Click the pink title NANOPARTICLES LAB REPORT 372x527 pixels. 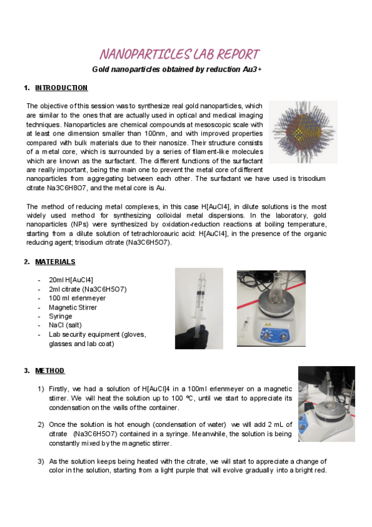pyautogui.click(x=179, y=54)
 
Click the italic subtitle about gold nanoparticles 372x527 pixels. pyautogui.click(x=177, y=69)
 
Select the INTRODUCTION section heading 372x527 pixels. pyautogui.click(x=61, y=88)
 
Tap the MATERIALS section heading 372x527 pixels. pyautogui.click(x=55, y=262)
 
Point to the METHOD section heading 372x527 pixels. pyautogui.click(x=50, y=371)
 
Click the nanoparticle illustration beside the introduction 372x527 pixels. pyautogui.click(x=303, y=132)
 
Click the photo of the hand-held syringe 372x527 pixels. pyautogui.click(x=199, y=308)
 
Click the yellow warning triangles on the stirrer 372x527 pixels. pyautogui.click(x=268, y=324)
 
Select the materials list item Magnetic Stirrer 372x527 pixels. pyautogui.click(x=73, y=307)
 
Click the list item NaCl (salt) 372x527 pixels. pyautogui.click(x=65, y=325)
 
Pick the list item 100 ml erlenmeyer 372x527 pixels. pyautogui.click(x=77, y=298)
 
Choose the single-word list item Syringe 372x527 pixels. pyautogui.click(x=60, y=316)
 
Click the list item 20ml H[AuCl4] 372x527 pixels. pyautogui.click(x=71, y=280)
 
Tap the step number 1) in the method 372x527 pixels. pyautogui.click(x=41, y=389)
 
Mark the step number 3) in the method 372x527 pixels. pyautogui.click(x=41, y=462)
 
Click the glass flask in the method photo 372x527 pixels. pyautogui.click(x=330, y=394)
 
